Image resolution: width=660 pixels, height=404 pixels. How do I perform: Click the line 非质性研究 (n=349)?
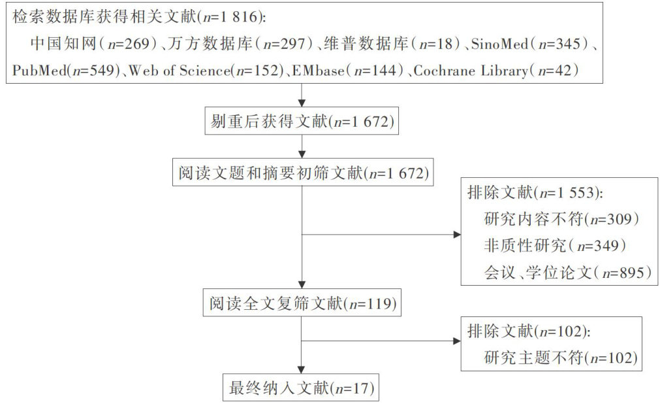(552, 245)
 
